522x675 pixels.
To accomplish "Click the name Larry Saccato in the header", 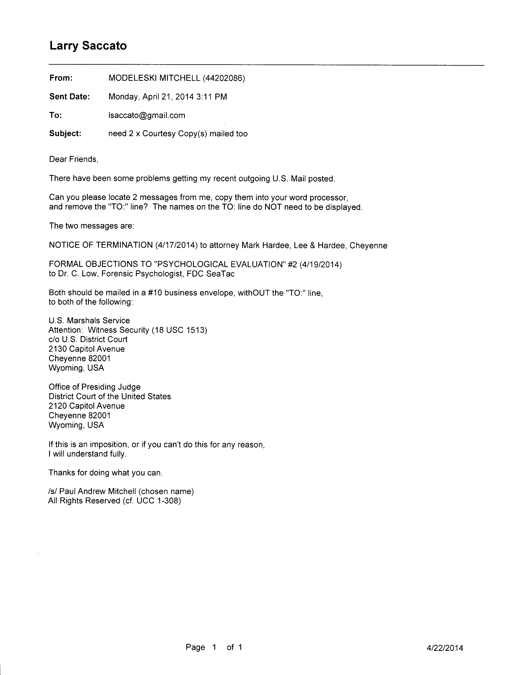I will pyautogui.click(x=88, y=46).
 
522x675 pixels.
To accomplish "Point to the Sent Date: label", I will pyautogui.click(x=70, y=97).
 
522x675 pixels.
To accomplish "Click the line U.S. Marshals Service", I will pyautogui.click(x=89, y=321).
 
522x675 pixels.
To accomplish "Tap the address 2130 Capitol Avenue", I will pyautogui.click(x=87, y=349).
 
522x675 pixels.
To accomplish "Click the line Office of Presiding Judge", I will pyautogui.click(x=95, y=387).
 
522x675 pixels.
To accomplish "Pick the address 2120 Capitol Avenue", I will pyautogui.click(x=87, y=406).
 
